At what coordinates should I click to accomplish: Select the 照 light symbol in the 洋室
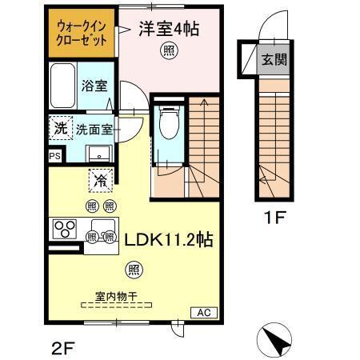click(x=169, y=51)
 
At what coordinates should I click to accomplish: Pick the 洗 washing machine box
click(x=59, y=128)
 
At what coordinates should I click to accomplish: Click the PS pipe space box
click(x=54, y=156)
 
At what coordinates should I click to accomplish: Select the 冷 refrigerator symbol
click(x=101, y=180)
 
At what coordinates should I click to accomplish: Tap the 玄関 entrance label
click(x=274, y=58)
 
